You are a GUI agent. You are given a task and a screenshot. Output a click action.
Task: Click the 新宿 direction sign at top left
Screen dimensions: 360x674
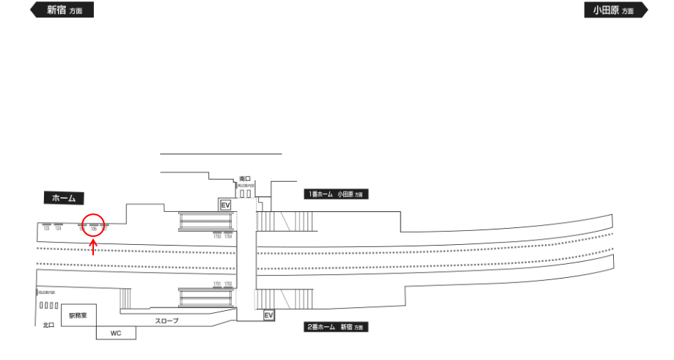62,10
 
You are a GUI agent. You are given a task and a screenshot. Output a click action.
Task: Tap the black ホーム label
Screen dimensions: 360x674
64,198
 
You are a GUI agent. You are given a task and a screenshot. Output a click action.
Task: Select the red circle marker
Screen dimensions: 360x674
94,224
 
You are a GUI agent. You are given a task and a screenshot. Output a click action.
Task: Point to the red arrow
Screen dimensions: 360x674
94,248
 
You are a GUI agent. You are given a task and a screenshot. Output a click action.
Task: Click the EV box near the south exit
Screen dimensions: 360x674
226,205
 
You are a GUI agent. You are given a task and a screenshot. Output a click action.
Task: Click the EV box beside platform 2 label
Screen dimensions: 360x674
268,315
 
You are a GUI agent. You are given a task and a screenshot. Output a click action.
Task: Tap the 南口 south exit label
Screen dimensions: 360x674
246,178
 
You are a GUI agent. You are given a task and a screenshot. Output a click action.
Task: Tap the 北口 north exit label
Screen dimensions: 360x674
48,325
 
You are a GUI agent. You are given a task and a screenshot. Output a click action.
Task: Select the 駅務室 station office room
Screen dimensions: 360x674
78,315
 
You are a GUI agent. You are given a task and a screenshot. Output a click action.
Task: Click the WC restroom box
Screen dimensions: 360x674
115,333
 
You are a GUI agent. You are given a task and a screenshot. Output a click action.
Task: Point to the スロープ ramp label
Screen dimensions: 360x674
166,321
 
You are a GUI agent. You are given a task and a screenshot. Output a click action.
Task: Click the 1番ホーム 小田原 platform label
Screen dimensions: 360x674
335,194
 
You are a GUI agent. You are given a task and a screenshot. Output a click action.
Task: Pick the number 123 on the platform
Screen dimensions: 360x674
46,229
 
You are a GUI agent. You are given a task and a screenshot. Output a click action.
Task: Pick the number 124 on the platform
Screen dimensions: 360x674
58,229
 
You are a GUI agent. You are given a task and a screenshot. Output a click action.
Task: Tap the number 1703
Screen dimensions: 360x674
217,237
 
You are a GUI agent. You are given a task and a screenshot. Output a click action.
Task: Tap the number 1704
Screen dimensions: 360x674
228,237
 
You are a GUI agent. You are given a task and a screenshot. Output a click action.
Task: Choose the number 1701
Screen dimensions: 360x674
217,283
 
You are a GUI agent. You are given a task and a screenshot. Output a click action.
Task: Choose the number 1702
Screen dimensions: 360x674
228,283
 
